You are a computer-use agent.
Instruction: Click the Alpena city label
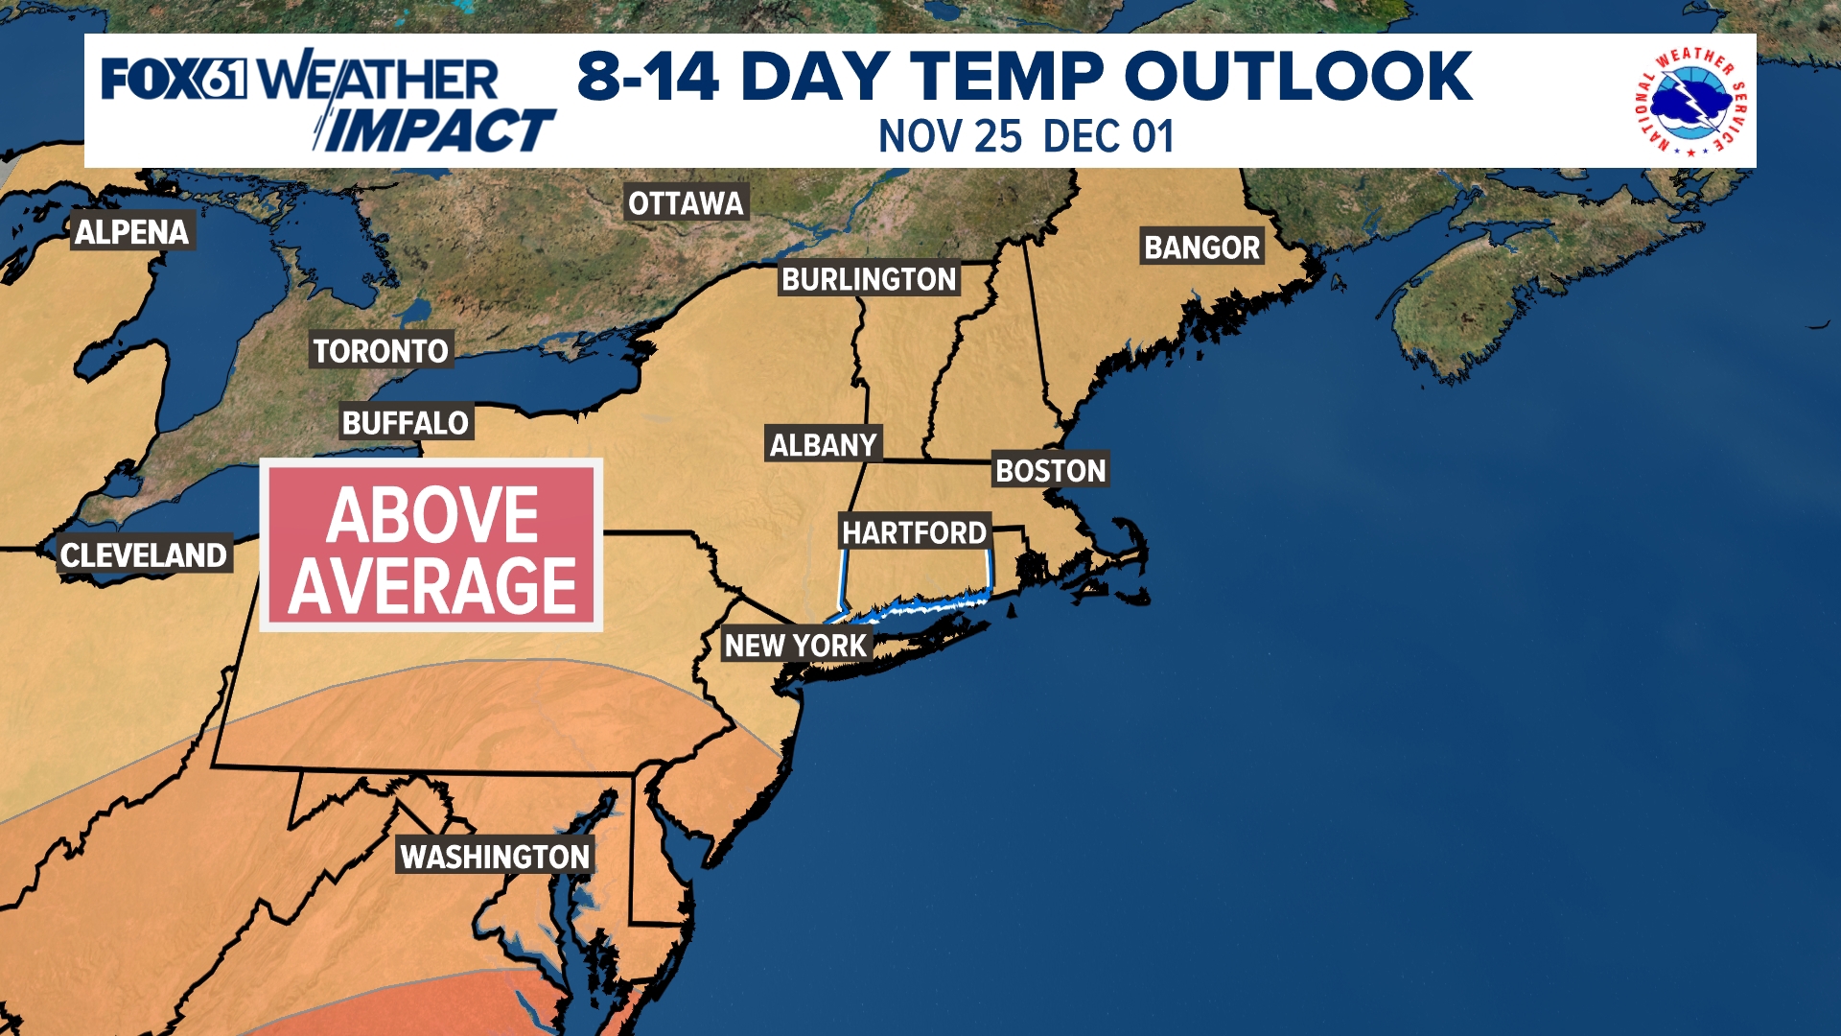(x=132, y=232)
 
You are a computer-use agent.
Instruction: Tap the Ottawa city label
(x=686, y=203)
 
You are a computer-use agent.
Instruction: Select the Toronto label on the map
(x=381, y=351)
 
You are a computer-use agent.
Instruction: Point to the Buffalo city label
(x=406, y=423)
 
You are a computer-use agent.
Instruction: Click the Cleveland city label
(x=144, y=555)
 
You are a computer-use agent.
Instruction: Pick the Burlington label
(x=869, y=279)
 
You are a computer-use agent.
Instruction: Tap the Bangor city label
(x=1201, y=247)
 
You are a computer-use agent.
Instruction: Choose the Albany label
(x=823, y=445)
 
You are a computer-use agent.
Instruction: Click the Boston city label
(x=1051, y=471)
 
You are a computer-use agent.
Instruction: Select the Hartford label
(x=914, y=532)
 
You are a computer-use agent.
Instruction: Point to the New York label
(x=796, y=646)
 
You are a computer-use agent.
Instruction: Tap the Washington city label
(x=495, y=857)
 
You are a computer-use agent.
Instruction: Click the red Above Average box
(x=431, y=546)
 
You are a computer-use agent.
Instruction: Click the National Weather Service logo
(x=1690, y=101)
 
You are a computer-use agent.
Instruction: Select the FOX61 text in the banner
(x=174, y=79)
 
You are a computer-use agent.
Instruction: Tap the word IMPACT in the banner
(x=439, y=130)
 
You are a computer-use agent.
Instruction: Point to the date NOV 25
(x=950, y=137)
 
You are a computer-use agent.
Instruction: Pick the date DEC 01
(x=1108, y=137)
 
